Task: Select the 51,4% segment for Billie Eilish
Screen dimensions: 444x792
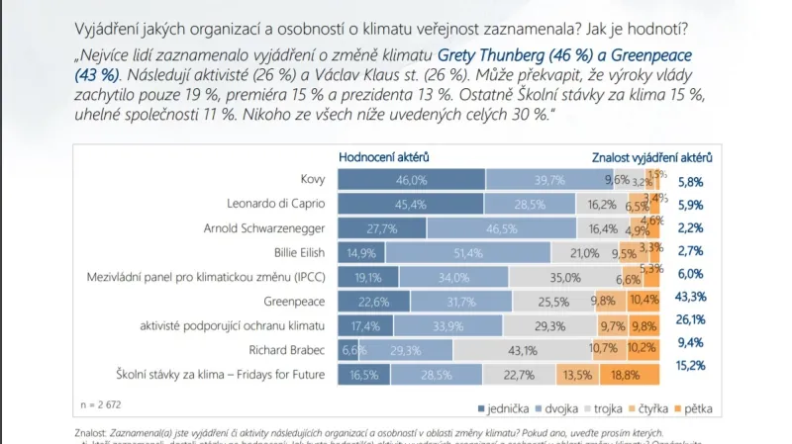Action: [x=468, y=253]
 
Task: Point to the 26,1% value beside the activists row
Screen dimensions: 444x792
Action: [x=691, y=320]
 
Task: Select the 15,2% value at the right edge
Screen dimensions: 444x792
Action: [x=691, y=366]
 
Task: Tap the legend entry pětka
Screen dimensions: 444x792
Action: [x=697, y=407]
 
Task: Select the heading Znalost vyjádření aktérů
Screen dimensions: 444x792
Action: [x=651, y=156]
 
